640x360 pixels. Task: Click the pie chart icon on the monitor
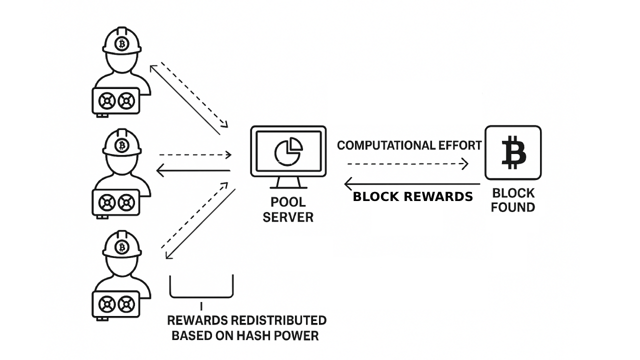coord(288,152)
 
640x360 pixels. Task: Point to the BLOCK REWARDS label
coord(412,196)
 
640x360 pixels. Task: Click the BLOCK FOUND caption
coord(513,200)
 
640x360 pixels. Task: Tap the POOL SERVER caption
coord(288,210)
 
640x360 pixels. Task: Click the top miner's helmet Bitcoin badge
coord(121,43)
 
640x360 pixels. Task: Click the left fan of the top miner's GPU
coord(106,101)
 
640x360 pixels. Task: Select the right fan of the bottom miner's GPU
coord(126,304)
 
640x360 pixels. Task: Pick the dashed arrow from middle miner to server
coord(195,155)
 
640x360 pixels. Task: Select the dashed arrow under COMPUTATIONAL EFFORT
coord(407,163)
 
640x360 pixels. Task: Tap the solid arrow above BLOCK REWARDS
coord(412,184)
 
